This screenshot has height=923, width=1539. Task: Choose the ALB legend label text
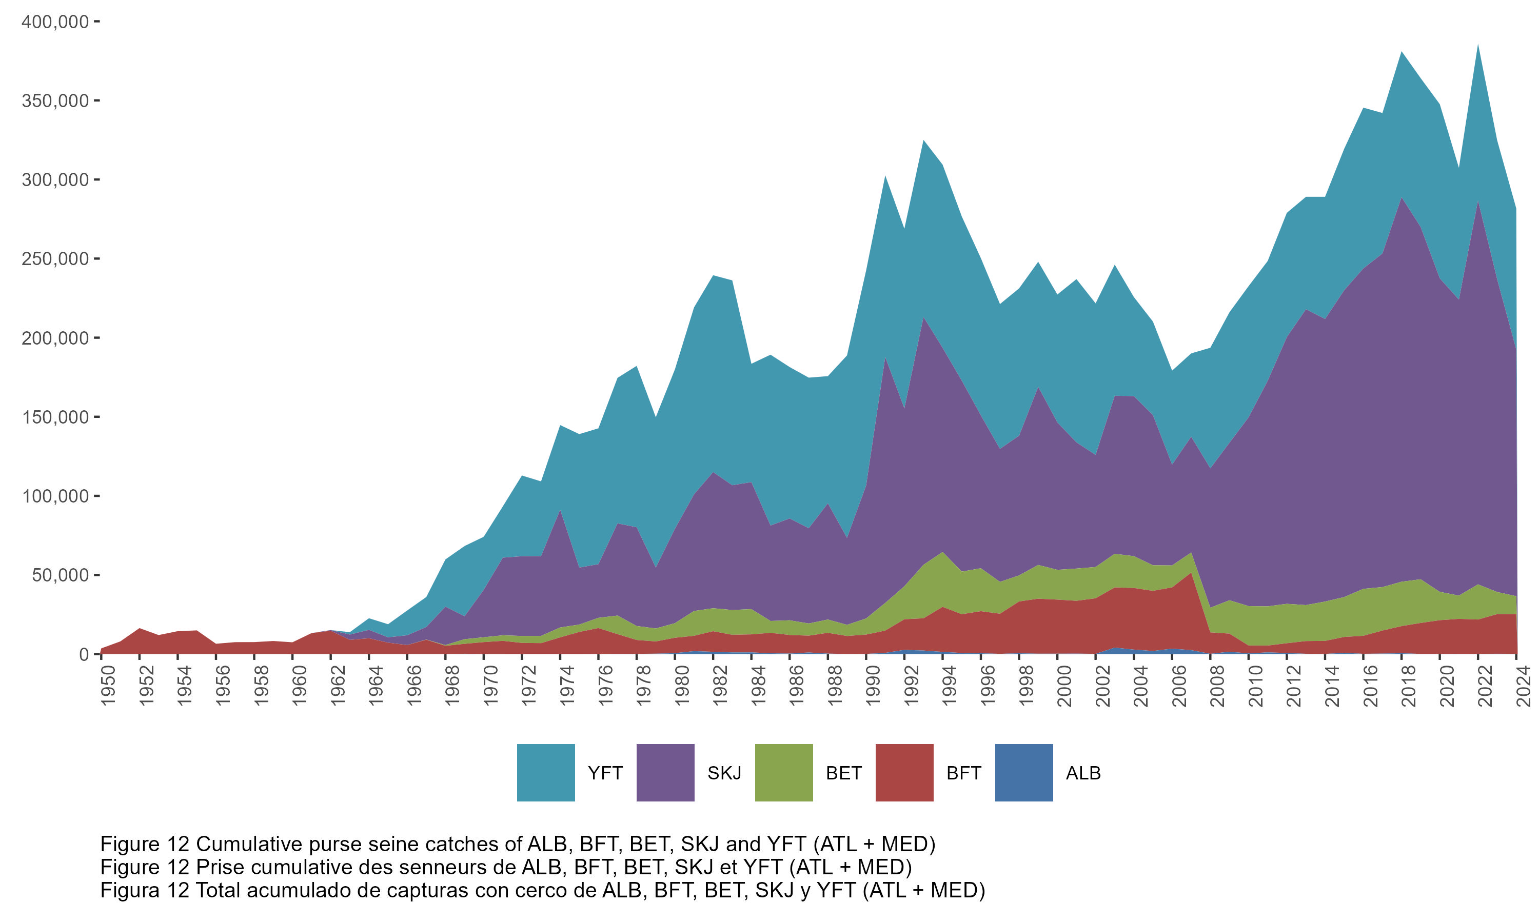[x=1083, y=773]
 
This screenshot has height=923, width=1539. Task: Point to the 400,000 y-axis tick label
[x=55, y=22]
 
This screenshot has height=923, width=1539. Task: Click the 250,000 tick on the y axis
[x=55, y=259]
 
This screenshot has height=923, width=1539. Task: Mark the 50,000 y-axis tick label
[x=60, y=575]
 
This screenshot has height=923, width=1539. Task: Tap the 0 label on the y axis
[x=83, y=654]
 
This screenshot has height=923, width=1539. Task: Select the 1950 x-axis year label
[x=108, y=686]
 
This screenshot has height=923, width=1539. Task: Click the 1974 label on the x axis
[x=567, y=686]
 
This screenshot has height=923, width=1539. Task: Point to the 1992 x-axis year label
[x=911, y=686]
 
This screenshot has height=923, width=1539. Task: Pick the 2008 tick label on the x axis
[x=1217, y=686]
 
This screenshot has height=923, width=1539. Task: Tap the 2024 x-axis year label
[x=1524, y=686]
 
